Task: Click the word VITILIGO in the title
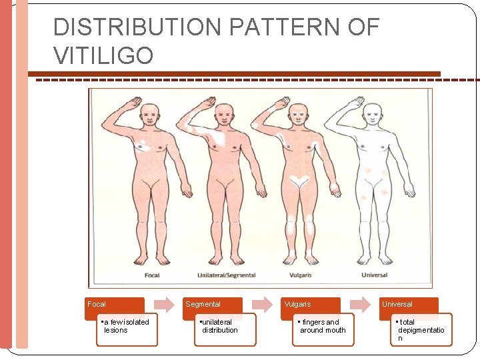(x=103, y=55)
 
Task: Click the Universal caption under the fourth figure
(x=373, y=275)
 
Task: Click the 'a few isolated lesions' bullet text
(x=125, y=326)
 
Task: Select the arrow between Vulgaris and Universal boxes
(x=361, y=304)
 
